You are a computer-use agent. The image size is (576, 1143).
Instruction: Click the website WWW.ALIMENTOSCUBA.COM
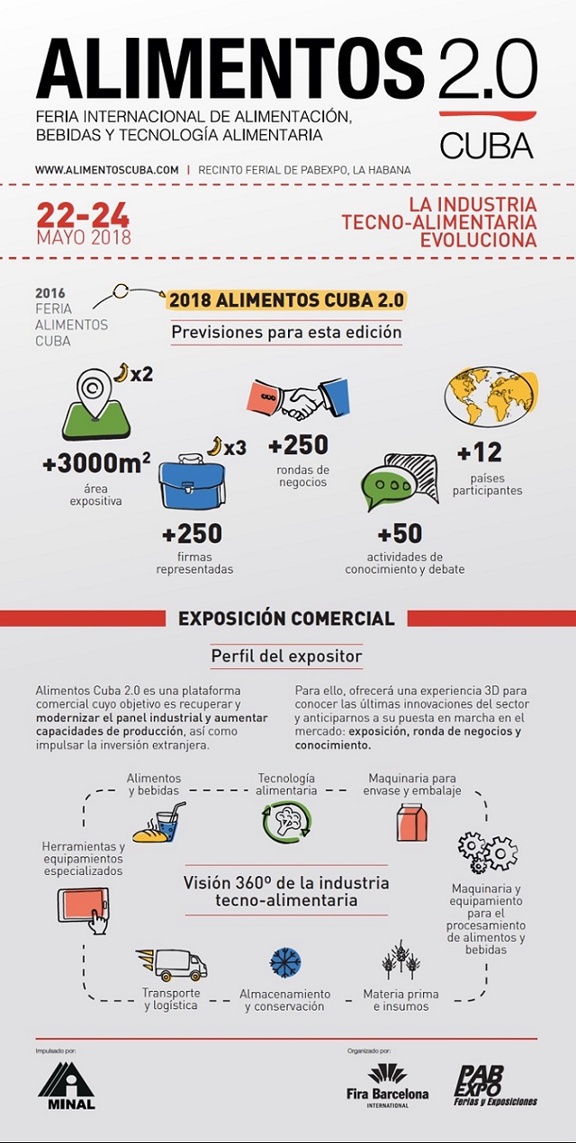[107, 169]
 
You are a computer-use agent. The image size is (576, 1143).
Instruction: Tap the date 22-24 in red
[83, 215]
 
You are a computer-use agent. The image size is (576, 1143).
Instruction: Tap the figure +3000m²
[96, 464]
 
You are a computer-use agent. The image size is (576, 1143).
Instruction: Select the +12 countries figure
[479, 451]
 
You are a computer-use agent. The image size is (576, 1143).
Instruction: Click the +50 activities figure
[400, 533]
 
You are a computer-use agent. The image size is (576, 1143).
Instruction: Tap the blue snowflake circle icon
[285, 963]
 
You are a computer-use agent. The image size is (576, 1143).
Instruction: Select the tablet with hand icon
[84, 909]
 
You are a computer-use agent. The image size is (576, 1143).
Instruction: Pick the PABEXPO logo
[495, 1085]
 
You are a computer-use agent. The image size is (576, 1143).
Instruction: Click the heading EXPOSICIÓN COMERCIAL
[286, 618]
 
